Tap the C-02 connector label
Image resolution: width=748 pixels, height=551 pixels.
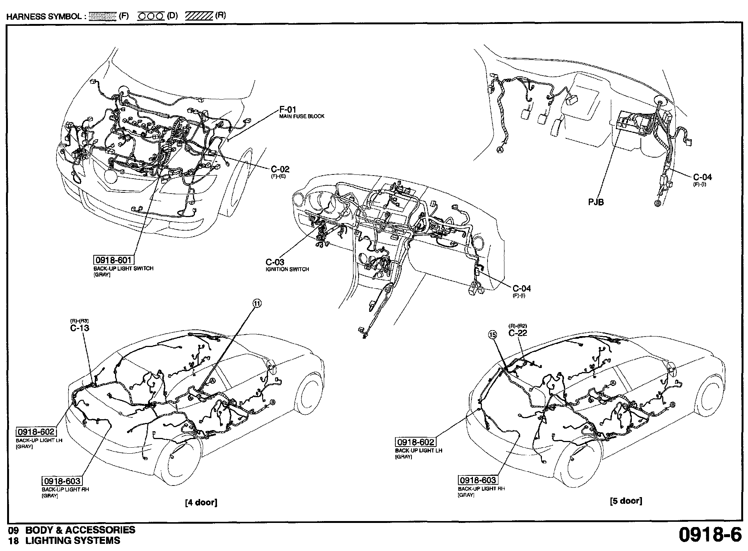(x=280, y=169)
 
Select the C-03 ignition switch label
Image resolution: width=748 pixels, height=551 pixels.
(x=275, y=262)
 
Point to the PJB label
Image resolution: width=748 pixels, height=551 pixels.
(x=596, y=202)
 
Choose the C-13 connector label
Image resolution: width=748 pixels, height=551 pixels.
(x=79, y=328)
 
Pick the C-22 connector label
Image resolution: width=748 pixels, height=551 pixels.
(x=518, y=333)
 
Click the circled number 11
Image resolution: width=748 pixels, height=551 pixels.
(x=257, y=304)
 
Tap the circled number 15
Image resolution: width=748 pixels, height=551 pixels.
(x=492, y=334)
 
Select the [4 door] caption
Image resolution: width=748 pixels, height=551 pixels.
(x=201, y=502)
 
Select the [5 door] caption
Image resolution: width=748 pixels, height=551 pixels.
(x=626, y=501)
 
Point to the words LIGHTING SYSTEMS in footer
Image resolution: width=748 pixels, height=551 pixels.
(x=73, y=541)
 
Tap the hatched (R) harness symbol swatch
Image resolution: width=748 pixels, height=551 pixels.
(x=199, y=16)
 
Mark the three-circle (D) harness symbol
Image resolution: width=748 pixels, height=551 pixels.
(x=151, y=16)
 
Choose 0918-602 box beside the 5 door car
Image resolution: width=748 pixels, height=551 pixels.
(x=416, y=442)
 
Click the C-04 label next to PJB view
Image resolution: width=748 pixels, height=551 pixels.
(x=702, y=177)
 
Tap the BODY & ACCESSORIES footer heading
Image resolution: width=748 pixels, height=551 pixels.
(x=80, y=530)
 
